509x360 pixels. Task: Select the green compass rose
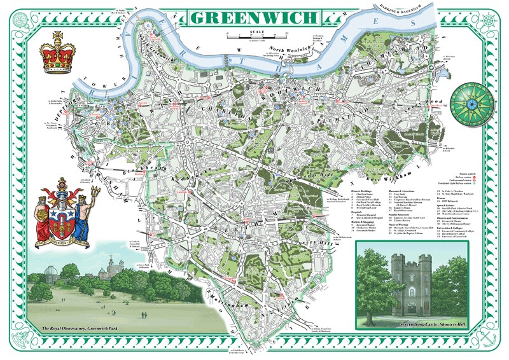tap(471, 102)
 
